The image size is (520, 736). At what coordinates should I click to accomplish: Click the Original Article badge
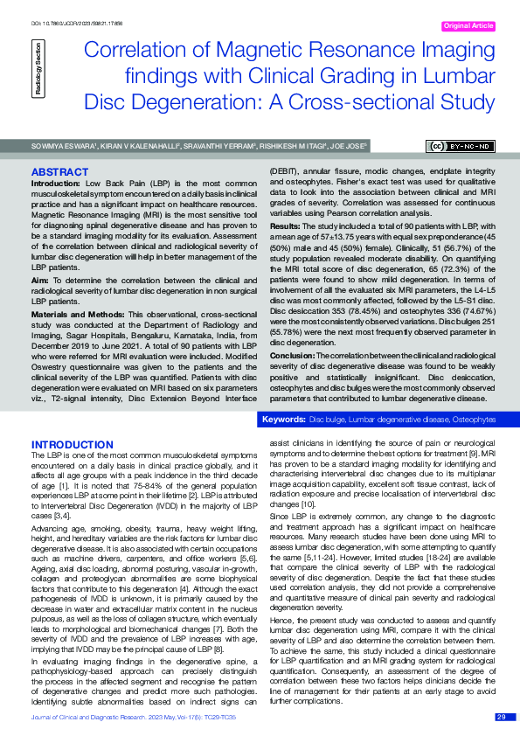click(x=468, y=26)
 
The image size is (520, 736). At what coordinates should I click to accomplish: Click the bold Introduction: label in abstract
click(x=56, y=183)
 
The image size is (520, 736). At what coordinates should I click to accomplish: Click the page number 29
click(x=501, y=717)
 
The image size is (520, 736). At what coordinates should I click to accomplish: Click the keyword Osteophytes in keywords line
click(x=472, y=420)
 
